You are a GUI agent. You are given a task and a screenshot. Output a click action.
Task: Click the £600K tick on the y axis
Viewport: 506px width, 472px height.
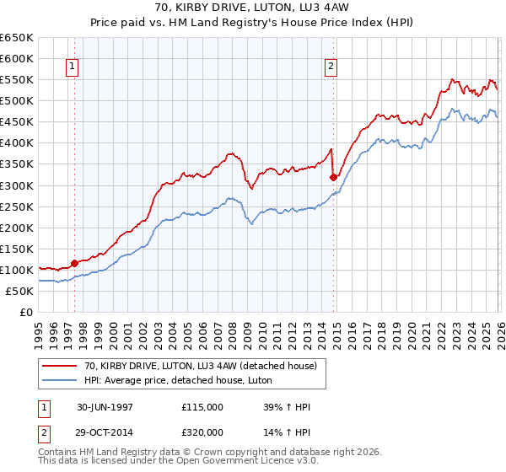pos(17,59)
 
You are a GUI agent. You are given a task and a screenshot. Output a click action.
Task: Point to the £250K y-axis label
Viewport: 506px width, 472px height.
pos(17,206)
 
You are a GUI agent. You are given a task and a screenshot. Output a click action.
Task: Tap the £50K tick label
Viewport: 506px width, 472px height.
pos(20,291)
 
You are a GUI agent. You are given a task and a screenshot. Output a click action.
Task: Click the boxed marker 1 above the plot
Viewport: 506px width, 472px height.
pos(72,67)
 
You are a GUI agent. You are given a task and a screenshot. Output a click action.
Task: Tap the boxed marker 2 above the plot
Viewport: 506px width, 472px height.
pos(331,67)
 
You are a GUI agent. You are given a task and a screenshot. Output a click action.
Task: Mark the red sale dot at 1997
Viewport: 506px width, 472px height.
pos(74,263)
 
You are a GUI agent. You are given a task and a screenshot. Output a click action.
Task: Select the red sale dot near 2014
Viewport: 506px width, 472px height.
pos(334,177)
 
